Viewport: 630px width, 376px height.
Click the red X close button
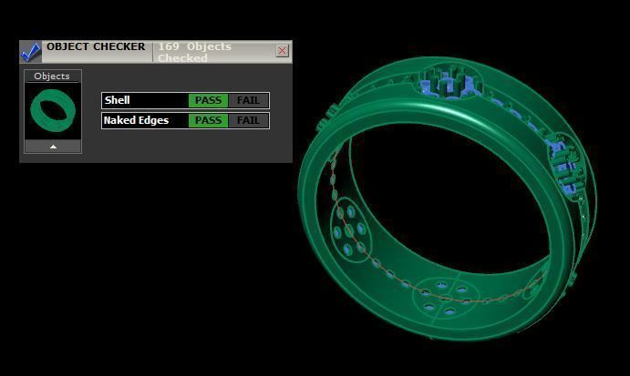[x=282, y=51]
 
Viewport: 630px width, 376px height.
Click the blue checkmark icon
[x=30, y=52]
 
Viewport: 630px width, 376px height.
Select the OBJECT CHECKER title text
[x=96, y=46]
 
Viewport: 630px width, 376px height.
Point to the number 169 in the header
[x=169, y=46]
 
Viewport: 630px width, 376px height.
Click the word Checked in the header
[x=182, y=58]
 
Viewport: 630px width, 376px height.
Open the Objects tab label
[x=52, y=76]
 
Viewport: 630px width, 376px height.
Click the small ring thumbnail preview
[x=52, y=111]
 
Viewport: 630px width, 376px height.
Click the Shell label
[x=118, y=100]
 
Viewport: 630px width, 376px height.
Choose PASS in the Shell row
[x=208, y=100]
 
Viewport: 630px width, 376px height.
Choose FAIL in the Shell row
[x=248, y=100]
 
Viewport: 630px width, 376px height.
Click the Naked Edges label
[x=136, y=120]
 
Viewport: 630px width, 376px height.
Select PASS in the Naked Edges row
[x=208, y=120]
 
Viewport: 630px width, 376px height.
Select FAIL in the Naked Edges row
[x=248, y=120]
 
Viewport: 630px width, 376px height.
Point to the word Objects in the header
[x=209, y=46]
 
